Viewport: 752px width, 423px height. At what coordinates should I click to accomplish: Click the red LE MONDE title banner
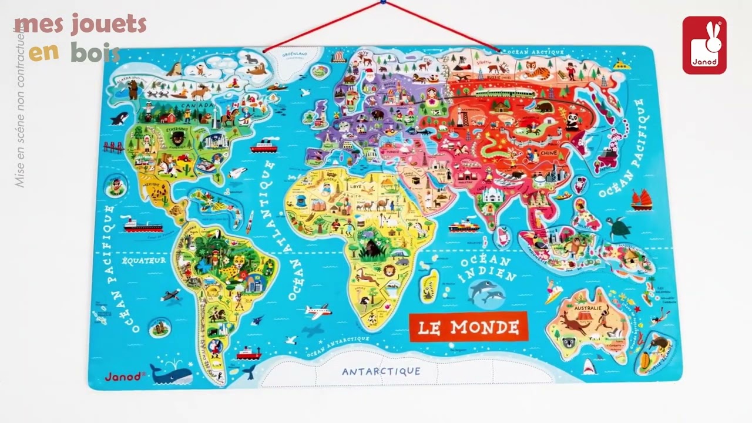pos(468,327)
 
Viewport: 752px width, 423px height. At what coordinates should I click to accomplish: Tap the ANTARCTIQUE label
pos(381,371)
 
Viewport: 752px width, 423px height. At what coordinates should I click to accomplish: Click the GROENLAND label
pos(294,54)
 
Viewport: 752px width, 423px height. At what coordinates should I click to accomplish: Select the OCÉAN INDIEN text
pos(487,268)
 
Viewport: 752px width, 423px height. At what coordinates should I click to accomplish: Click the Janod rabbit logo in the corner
pos(704,45)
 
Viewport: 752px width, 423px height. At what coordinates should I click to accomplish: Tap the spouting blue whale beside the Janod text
pos(170,371)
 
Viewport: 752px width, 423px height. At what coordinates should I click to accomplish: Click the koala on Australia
pos(568,343)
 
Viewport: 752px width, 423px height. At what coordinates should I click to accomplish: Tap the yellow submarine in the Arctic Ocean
pos(621,64)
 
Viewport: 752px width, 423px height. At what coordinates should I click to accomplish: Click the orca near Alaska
pos(119,118)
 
